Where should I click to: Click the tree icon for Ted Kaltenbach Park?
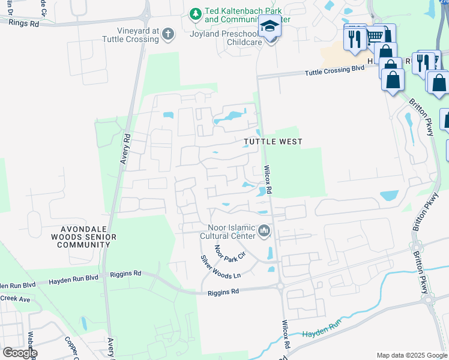point(195,13)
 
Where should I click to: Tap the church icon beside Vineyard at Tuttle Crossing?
point(169,34)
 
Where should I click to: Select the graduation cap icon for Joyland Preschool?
point(270,28)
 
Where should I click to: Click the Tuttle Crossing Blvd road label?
point(334,70)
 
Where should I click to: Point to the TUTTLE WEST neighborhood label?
point(273,142)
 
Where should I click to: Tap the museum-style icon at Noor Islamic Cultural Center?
point(264,230)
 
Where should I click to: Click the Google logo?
point(19,353)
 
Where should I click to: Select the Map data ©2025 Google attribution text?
point(412,355)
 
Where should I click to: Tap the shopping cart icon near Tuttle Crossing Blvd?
point(375,37)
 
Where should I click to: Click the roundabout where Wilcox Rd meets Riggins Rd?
point(280,287)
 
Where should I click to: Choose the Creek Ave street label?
point(15,298)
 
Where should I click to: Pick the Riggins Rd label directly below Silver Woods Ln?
point(223,291)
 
